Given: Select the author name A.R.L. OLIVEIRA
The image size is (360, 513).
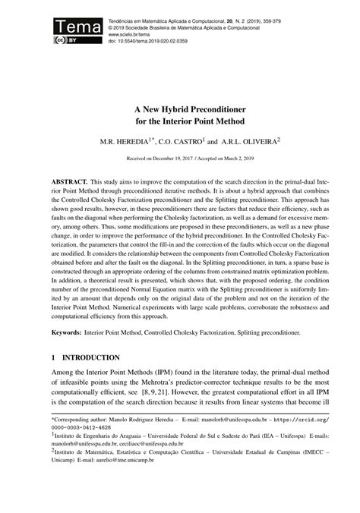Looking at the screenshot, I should [255, 141].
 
